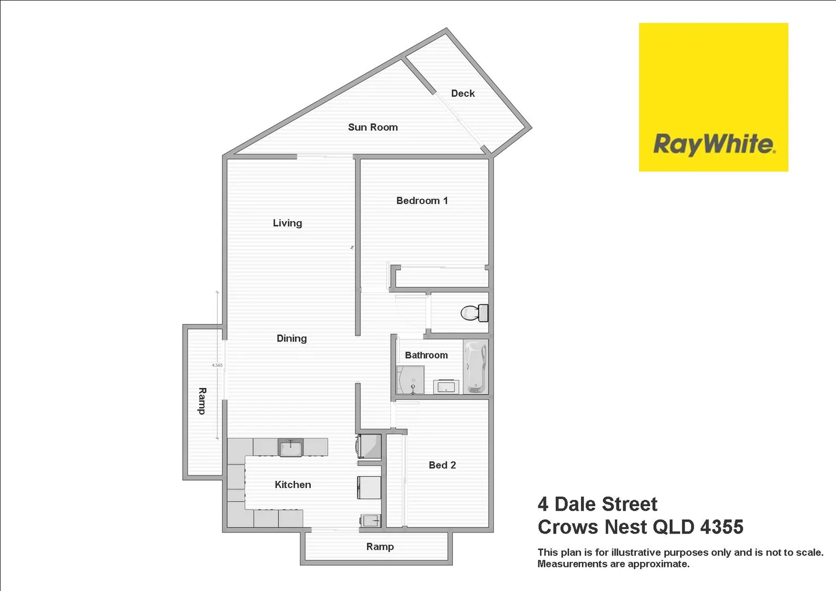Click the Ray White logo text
click(713, 144)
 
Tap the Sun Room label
click(373, 128)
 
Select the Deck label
click(462, 94)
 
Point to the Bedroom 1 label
click(422, 201)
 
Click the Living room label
click(287, 223)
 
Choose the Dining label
click(292, 339)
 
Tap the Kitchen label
click(293, 485)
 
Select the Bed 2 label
click(442, 465)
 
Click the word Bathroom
click(426, 355)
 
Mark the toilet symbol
click(474, 313)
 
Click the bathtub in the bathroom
click(475, 367)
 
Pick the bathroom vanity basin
click(446, 386)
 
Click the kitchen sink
click(290, 448)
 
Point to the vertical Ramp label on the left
click(202, 401)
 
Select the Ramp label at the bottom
click(380, 547)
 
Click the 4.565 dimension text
click(217, 365)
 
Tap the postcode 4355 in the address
click(721, 527)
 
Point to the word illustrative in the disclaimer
click(636, 553)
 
